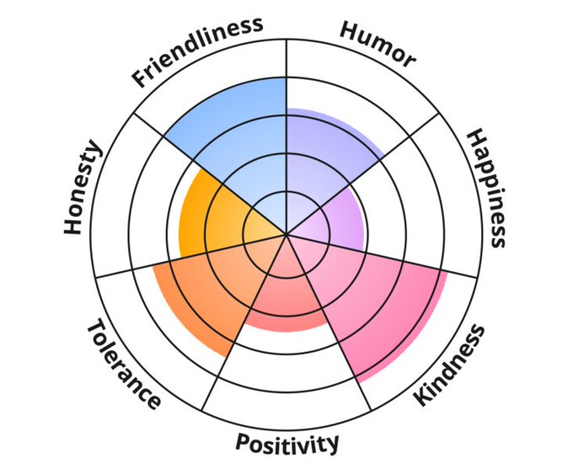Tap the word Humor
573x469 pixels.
378,43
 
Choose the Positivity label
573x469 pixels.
287,442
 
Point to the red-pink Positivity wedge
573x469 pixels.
286,295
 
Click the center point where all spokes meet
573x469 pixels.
286,234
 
